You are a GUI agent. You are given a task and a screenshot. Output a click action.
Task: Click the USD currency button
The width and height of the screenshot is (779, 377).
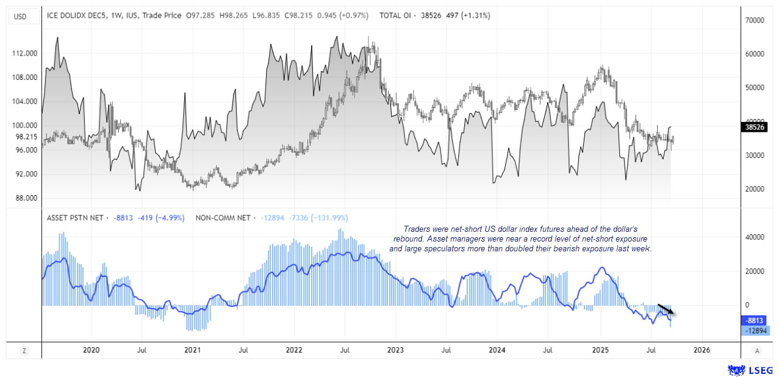(20, 16)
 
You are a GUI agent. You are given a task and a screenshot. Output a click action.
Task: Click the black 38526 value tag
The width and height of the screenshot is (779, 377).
(756, 127)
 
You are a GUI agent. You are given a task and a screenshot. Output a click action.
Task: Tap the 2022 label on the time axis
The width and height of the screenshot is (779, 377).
(294, 350)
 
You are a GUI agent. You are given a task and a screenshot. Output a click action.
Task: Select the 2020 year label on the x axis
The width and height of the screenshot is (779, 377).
(90, 350)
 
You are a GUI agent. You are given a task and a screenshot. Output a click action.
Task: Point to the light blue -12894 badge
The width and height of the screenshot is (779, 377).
(756, 331)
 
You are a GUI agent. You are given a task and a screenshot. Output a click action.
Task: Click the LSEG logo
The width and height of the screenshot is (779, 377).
(751, 370)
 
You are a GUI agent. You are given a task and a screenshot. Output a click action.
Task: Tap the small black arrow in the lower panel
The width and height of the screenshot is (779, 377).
(666, 309)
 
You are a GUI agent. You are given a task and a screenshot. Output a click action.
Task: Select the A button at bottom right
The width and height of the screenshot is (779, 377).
(756, 350)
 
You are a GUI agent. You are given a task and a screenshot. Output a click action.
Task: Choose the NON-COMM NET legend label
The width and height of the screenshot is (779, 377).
(223, 217)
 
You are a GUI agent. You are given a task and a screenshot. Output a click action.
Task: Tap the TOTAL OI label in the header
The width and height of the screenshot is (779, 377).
(397, 15)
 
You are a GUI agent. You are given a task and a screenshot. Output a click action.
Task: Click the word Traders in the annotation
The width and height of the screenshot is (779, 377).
(408, 228)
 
